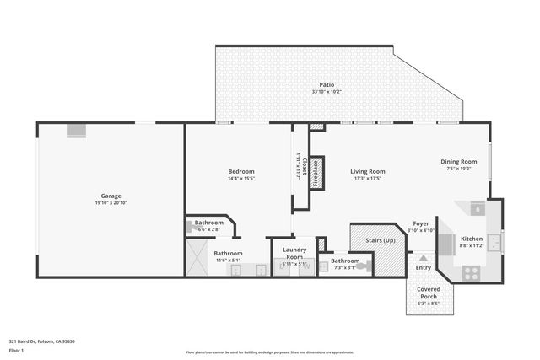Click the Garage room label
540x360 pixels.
[x=111, y=196]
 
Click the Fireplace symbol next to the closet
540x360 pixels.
[x=317, y=172]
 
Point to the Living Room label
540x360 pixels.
[x=368, y=171]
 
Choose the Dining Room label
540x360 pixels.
[x=459, y=162]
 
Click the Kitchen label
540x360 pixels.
[x=471, y=239]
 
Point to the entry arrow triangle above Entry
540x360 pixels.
[x=424, y=257]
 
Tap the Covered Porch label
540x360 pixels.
[x=429, y=293]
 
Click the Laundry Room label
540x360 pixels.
[x=294, y=252]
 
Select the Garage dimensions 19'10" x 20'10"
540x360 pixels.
[x=111, y=203]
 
